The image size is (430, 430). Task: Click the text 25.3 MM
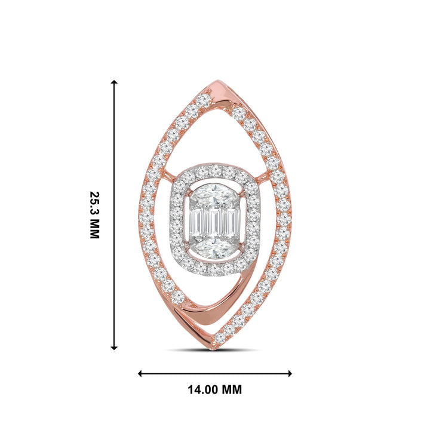tap(94, 215)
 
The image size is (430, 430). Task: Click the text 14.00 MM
tap(214, 390)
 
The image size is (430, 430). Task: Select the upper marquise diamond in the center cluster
tap(214, 195)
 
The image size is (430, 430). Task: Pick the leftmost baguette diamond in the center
tap(195, 222)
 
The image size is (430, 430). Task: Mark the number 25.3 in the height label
tap(94, 206)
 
